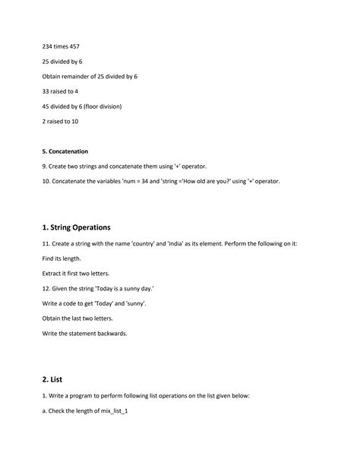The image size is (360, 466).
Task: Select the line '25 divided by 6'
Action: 62,61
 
